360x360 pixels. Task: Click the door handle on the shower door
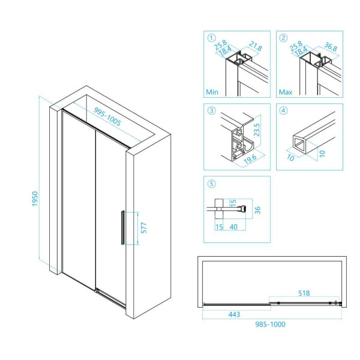click(x=122, y=227)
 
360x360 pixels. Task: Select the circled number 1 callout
click(x=210, y=37)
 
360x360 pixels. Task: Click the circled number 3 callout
click(x=210, y=110)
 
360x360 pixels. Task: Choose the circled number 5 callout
click(x=210, y=183)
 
